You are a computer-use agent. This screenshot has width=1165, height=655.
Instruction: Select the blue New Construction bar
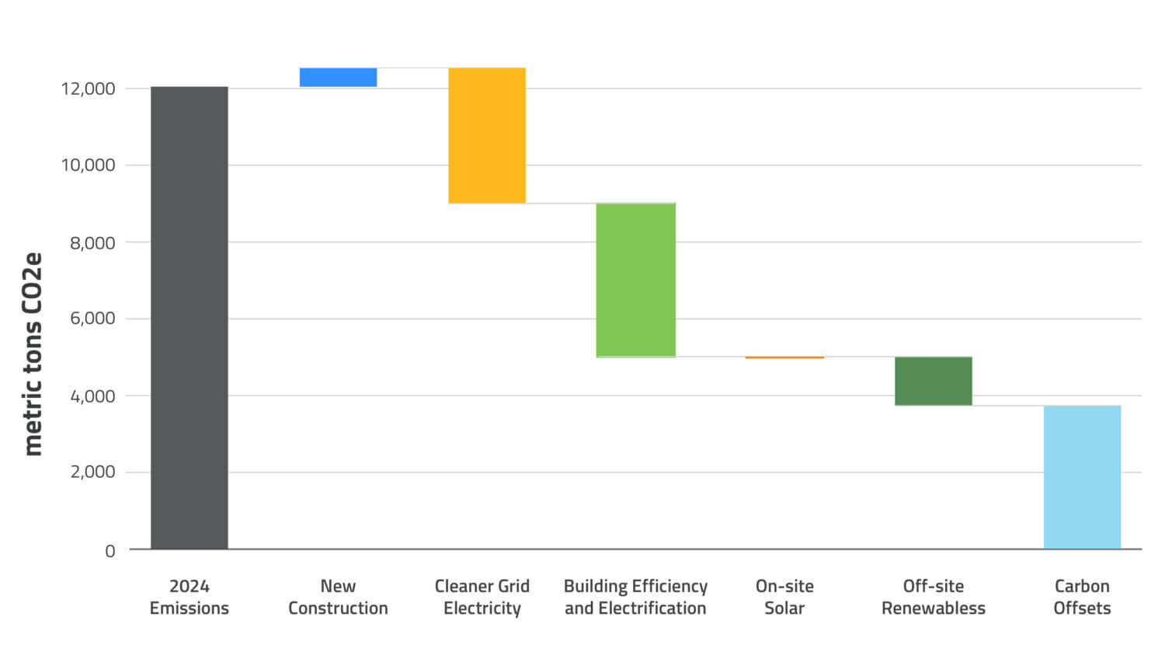(x=338, y=77)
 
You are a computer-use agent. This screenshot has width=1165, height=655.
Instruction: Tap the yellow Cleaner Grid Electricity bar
(x=487, y=135)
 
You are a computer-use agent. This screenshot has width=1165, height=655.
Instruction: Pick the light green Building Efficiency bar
(x=635, y=280)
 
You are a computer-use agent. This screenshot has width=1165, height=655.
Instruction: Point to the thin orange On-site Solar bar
(x=784, y=357)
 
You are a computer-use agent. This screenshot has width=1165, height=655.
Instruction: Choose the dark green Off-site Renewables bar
(x=933, y=381)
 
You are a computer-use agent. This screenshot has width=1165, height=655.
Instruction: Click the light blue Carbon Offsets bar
(x=1082, y=477)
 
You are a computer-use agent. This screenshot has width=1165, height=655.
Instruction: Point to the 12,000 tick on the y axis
(x=88, y=89)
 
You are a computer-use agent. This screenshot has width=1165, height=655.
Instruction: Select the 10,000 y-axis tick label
(x=88, y=165)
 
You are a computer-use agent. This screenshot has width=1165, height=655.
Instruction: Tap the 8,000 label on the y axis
(x=92, y=242)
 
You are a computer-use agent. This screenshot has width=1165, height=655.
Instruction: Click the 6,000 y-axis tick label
(x=92, y=319)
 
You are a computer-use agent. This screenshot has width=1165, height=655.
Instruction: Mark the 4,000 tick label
(x=92, y=396)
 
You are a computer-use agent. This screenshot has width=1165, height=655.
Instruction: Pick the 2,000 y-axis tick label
(x=92, y=472)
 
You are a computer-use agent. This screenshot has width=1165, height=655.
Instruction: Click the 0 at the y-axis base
(x=110, y=551)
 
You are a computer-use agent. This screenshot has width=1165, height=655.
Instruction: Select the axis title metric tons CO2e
(x=33, y=354)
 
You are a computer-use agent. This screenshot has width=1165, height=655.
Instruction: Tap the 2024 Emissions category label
(x=189, y=597)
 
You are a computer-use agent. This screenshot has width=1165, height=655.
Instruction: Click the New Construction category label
(x=338, y=597)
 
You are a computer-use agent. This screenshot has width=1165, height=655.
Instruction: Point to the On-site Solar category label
(x=784, y=597)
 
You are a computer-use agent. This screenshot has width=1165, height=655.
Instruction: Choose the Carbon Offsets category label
(x=1082, y=597)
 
